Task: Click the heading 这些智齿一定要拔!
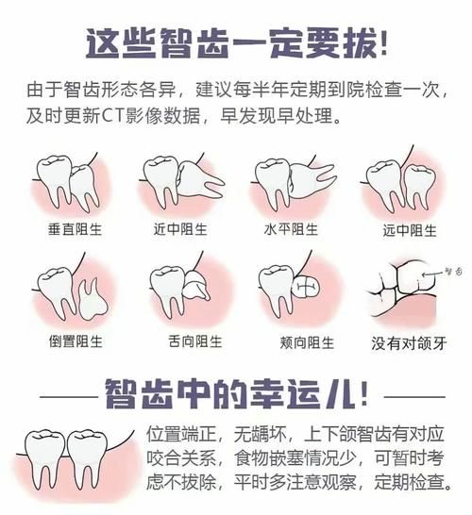pyautogui.click(x=236, y=42)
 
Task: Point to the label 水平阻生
pyautogui.click(x=292, y=230)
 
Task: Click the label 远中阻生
pyautogui.click(x=403, y=230)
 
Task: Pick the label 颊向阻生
pyautogui.click(x=292, y=340)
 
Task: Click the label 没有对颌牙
pyautogui.click(x=403, y=341)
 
